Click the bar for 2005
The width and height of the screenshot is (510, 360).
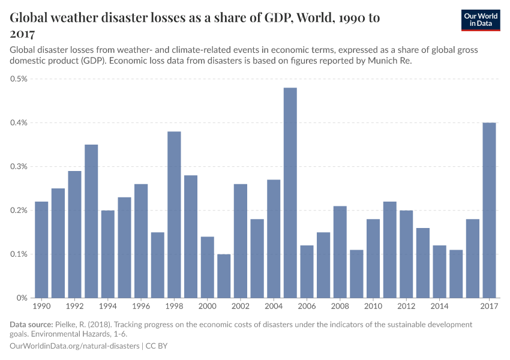(x=290, y=193)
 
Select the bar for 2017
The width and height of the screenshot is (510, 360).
(x=490, y=210)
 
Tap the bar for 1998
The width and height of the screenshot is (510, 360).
(x=174, y=214)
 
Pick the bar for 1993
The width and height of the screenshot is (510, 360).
(x=91, y=221)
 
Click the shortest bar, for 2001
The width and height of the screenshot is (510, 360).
(x=224, y=275)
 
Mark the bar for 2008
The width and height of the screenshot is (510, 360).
(x=340, y=251)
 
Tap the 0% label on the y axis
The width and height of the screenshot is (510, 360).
(x=22, y=298)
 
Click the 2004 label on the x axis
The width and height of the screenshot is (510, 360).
(x=274, y=307)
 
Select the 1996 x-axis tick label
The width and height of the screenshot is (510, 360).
(x=141, y=307)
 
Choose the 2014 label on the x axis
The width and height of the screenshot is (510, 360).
(x=440, y=307)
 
